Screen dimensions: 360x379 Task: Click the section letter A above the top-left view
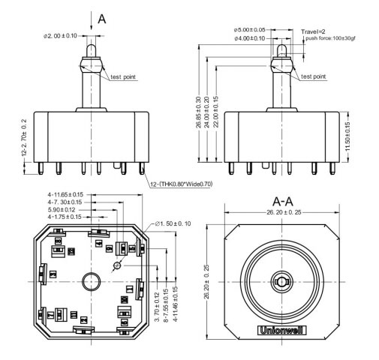pos(102,19)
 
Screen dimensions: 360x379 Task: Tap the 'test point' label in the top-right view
pos(313,76)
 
